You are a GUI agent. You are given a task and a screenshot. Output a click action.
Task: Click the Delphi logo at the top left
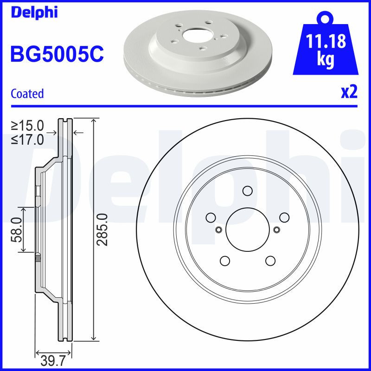[33, 13]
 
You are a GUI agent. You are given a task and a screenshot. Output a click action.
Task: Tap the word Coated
[27, 94]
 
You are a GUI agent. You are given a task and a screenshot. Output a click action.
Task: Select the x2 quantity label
[349, 92]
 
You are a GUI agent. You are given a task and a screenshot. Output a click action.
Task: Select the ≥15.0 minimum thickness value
[28, 126]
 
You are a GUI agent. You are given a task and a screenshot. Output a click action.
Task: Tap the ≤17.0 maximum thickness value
[28, 139]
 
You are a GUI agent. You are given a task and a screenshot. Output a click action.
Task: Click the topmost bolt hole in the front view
[247, 191]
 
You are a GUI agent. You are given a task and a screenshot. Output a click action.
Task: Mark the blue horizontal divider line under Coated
[185, 106]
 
